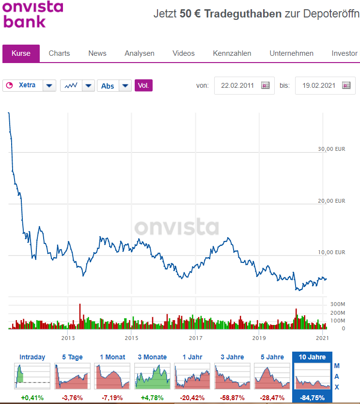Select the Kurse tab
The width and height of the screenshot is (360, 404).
coord(21,53)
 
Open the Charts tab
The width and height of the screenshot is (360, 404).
coord(59,53)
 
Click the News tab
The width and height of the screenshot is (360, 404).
coord(97,53)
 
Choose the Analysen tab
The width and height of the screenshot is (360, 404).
coord(140,53)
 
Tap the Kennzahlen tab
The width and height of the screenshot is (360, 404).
coord(232,53)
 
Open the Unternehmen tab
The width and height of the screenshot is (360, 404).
coord(292,53)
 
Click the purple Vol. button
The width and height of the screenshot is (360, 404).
coord(143,85)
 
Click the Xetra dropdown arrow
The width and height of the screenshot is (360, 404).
coord(49,85)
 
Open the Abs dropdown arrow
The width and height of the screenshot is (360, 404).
coord(125,85)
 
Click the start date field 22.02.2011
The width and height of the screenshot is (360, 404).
coord(237,85)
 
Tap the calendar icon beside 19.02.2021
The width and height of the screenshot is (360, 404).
coord(346,85)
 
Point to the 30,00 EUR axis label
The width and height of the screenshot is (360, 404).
coord(332,149)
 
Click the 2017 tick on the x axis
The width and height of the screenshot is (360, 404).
coord(195,338)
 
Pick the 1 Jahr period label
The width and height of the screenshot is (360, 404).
coord(192,357)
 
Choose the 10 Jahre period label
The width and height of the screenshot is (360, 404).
coord(312,357)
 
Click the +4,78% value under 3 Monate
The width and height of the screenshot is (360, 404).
coord(152,398)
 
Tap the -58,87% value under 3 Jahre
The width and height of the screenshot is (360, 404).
coord(232,398)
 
